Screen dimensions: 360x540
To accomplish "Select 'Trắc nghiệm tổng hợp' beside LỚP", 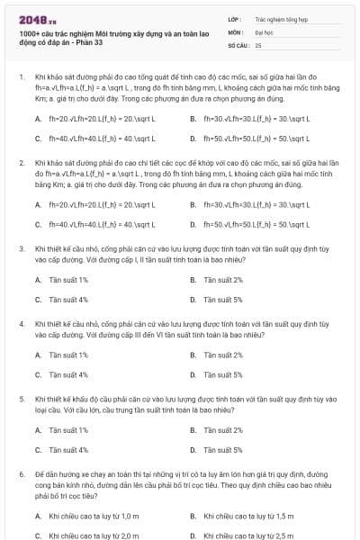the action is tap(281, 17).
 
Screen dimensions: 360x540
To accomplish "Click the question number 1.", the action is tap(21, 78).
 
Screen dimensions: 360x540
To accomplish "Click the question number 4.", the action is tap(21, 322).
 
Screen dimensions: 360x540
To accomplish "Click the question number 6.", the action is tap(21, 472).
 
